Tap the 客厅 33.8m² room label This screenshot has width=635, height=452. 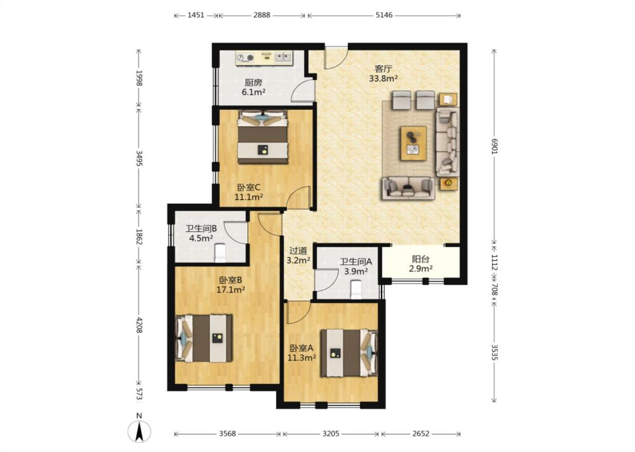click(383, 73)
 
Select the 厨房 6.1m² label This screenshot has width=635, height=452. click(253, 87)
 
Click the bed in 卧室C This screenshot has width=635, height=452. click(263, 137)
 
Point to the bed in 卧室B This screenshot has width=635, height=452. click(204, 338)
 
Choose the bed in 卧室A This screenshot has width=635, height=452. click(349, 354)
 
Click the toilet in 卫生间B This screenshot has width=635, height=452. click(220, 253)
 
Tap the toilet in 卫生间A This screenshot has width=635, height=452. click(356, 290)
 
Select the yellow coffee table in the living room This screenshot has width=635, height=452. click(414, 143)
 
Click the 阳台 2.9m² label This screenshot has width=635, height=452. click(421, 263)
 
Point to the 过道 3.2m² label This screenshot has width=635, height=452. click(298, 256)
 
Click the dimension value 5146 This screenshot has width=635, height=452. click(384, 15)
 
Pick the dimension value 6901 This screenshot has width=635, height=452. click(494, 145)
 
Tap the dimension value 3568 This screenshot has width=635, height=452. click(227, 434)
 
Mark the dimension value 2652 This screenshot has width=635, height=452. click(421, 434)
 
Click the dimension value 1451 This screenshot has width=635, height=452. click(196, 15)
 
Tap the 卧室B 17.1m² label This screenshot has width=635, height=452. click(231, 285)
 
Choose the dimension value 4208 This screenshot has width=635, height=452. click(139, 325)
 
